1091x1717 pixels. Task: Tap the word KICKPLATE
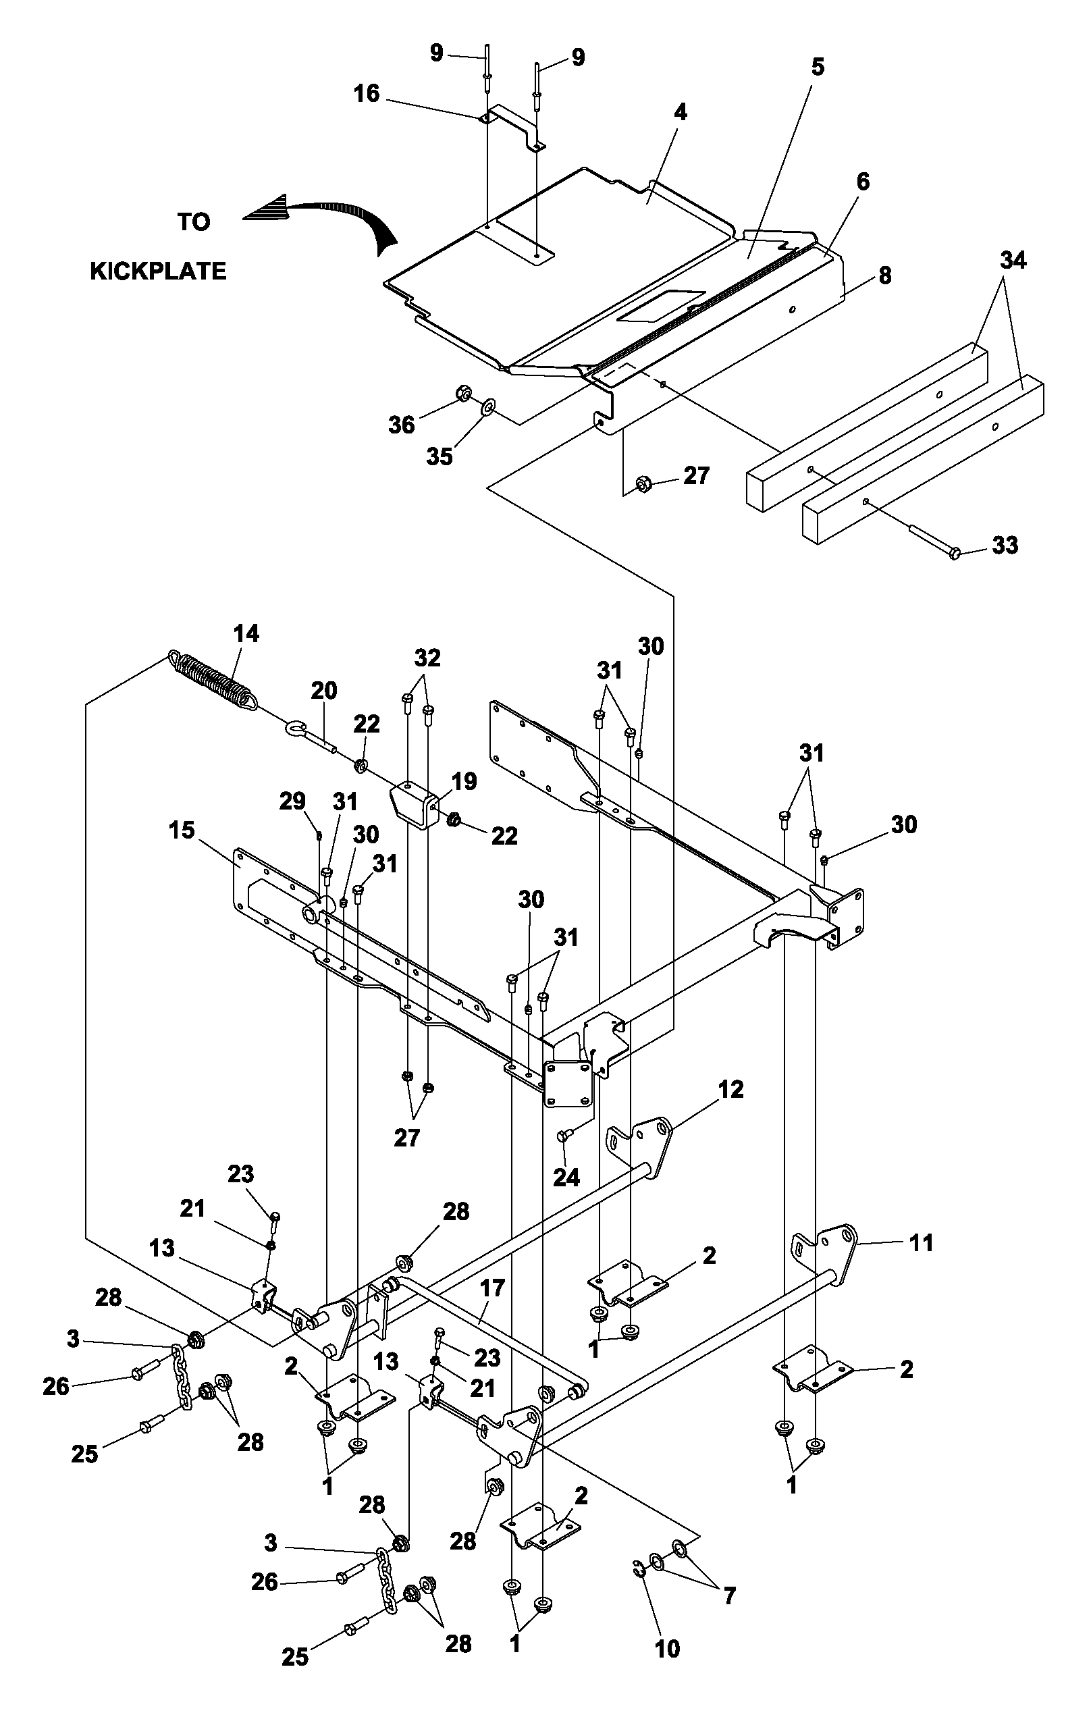(158, 271)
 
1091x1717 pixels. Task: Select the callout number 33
(1005, 546)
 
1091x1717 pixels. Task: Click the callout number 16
(367, 93)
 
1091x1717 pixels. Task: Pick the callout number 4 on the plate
(681, 112)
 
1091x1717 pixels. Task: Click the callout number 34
(1013, 261)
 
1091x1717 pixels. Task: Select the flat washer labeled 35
(489, 407)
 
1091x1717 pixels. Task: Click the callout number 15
(182, 830)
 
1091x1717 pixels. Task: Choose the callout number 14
(246, 633)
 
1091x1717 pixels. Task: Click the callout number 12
(730, 1089)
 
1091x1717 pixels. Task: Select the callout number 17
(492, 1288)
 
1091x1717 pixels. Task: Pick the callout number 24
(566, 1177)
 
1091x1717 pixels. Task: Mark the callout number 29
(292, 801)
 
